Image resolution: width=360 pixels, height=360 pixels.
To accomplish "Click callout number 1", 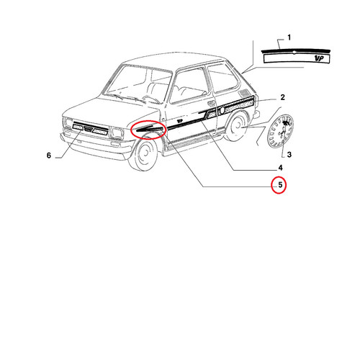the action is [289, 37].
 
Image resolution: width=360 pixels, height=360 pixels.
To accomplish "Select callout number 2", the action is [282, 97].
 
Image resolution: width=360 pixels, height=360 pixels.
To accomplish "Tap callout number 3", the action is [289, 155].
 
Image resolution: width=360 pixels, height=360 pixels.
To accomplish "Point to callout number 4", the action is [280, 168].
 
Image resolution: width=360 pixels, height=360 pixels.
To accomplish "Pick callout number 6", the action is [49, 156].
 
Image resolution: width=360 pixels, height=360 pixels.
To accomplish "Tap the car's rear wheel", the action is [236, 127].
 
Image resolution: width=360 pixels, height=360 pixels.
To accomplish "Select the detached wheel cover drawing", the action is [280, 131].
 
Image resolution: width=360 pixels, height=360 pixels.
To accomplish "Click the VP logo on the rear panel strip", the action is [319, 58].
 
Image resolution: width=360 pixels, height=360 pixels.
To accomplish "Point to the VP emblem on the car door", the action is [179, 120].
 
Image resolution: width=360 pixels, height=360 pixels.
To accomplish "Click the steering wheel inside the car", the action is [150, 99].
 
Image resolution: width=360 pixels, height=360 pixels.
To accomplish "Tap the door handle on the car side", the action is [211, 103].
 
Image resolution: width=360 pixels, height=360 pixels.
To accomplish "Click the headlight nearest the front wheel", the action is [117, 133].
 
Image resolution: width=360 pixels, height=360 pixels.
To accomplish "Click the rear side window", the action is [222, 78].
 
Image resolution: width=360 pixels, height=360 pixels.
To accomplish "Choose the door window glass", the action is [189, 86].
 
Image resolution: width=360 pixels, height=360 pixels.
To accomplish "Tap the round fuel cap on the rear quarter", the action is [222, 111].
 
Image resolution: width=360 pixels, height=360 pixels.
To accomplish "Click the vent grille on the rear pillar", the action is [245, 92].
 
